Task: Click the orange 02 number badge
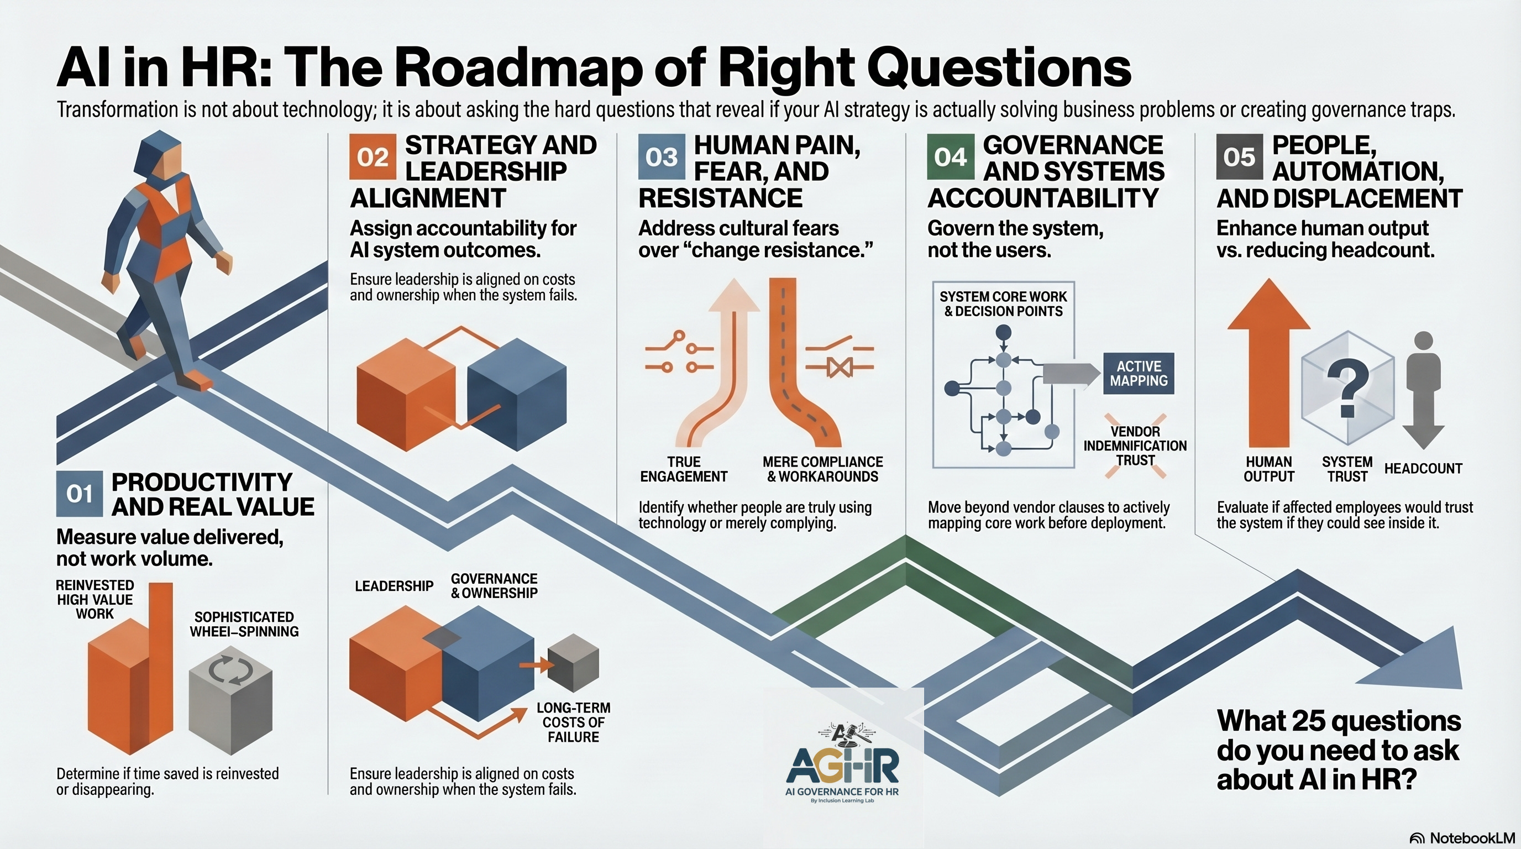[372, 157]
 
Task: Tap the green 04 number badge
[950, 157]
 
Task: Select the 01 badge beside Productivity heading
[79, 494]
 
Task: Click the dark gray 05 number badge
[1239, 157]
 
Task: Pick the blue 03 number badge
[662, 157]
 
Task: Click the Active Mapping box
[1139, 374]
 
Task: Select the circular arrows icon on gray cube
[231, 670]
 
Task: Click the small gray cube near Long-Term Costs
[573, 662]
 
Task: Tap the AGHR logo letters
[843, 766]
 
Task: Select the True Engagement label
[684, 469]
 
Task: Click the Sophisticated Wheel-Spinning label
[244, 624]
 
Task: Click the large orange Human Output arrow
[1269, 366]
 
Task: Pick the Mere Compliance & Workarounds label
[822, 469]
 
